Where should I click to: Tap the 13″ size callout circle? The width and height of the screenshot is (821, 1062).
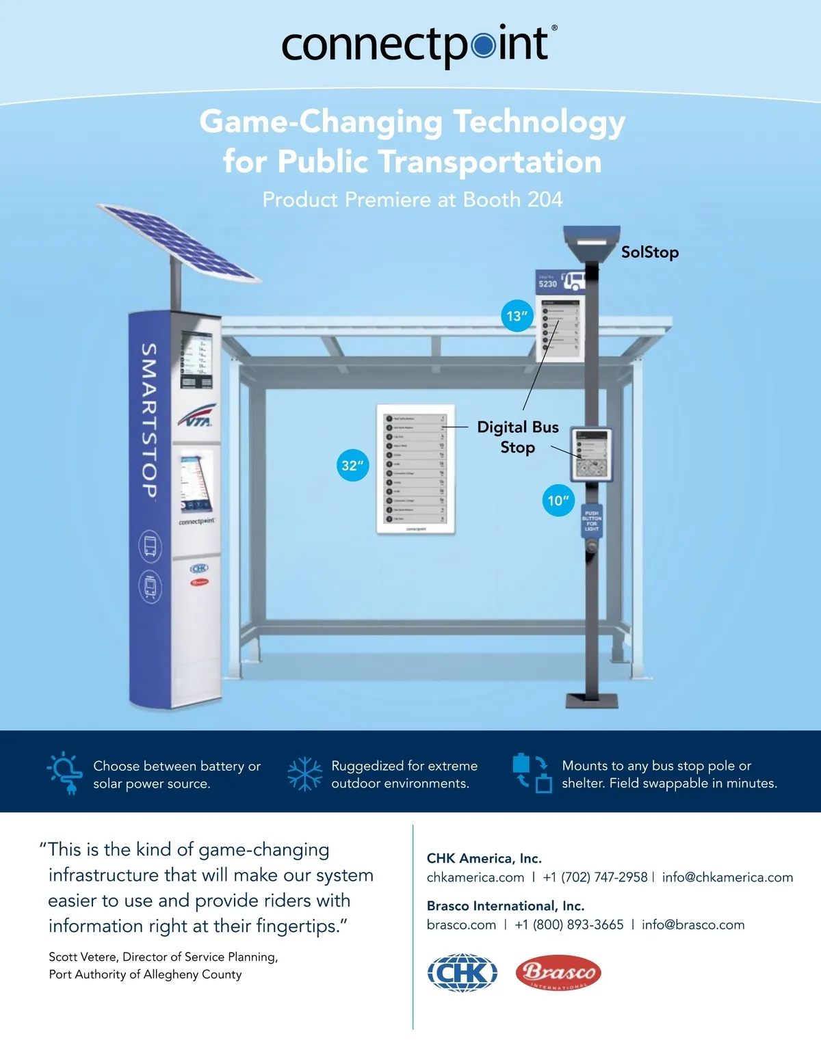point(517,316)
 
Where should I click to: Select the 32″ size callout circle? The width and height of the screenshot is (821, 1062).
point(353,465)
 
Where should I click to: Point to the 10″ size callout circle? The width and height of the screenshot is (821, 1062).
point(558,500)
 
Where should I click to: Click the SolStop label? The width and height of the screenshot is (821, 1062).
point(649,252)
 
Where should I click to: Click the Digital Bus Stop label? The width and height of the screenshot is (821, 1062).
point(517,437)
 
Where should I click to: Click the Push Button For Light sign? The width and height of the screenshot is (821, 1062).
point(592,521)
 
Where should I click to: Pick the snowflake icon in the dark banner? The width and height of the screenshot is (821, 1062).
point(304,774)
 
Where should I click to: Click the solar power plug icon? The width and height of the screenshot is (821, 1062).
point(66,773)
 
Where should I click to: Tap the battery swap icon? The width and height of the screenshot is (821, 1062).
point(532,773)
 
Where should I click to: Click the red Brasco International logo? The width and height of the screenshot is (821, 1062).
point(558,972)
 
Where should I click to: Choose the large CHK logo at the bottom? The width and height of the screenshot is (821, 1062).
point(462,972)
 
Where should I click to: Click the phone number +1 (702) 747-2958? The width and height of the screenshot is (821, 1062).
point(595,877)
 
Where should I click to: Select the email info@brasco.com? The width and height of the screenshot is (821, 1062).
point(692,925)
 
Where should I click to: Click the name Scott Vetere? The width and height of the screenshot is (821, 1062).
point(82,957)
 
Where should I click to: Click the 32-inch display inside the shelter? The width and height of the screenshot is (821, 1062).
point(416,469)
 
